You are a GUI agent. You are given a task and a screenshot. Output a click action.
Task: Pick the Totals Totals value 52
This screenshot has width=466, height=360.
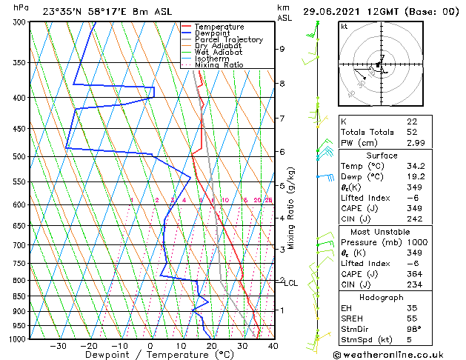point(412,132)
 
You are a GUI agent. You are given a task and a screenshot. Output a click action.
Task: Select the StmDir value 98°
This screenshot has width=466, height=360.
point(413,329)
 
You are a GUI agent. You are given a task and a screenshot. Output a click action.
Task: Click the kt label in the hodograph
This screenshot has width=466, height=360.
point(344,27)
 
